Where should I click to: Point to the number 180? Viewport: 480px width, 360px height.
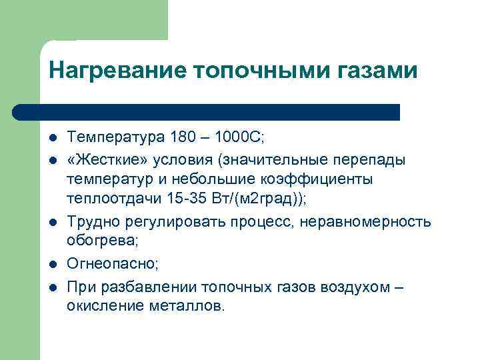183,138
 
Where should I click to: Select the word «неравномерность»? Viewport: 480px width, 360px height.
375,221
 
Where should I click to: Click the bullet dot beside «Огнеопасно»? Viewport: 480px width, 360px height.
52,265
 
